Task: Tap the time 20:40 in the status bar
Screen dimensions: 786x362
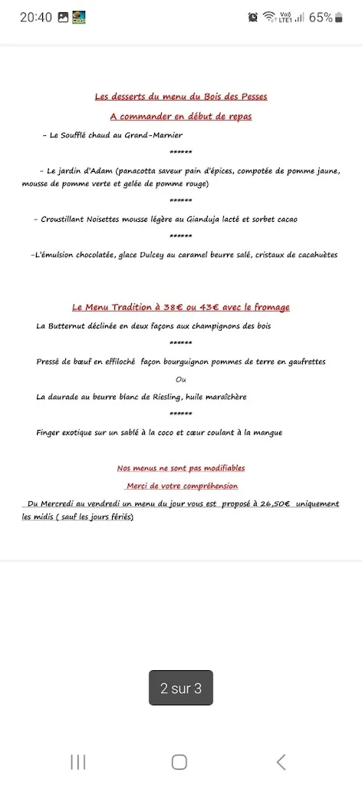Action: tap(36, 17)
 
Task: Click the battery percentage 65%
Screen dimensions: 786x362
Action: tap(321, 17)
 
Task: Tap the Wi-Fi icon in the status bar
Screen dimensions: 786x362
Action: tap(268, 17)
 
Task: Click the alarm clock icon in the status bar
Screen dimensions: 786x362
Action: tap(253, 17)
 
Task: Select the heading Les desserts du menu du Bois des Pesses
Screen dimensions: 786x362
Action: tap(181, 97)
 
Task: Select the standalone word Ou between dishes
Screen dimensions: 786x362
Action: tap(181, 379)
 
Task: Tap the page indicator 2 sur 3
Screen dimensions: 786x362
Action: tap(181, 689)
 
